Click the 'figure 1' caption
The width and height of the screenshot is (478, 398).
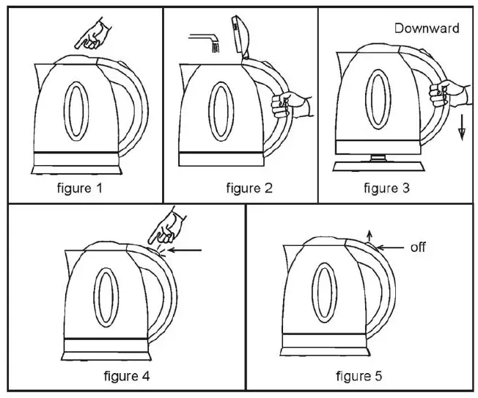click(x=81, y=189)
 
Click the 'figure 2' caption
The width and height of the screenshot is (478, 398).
click(x=249, y=189)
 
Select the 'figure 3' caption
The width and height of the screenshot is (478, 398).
click(x=386, y=189)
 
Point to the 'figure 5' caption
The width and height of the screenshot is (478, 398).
click(x=358, y=377)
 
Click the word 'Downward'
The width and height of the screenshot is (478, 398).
click(x=427, y=29)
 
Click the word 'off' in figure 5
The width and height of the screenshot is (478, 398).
click(x=418, y=247)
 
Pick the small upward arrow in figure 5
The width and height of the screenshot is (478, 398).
click(x=369, y=234)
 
